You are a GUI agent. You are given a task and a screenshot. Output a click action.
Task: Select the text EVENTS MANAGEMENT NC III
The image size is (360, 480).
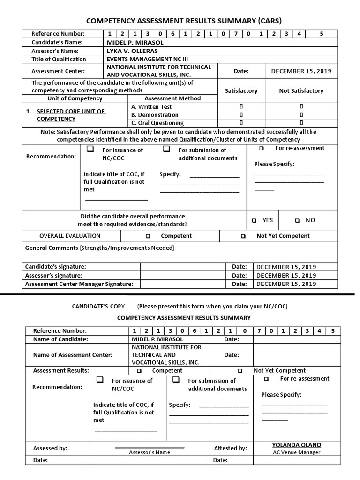144,59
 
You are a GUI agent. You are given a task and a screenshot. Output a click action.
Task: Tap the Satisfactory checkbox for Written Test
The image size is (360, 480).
241,106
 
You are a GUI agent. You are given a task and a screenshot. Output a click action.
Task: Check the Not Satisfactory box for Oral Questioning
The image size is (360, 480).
301,123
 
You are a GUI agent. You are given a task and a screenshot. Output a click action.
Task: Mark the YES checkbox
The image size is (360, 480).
254,220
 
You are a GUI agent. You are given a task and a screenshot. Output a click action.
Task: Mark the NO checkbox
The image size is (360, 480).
297,220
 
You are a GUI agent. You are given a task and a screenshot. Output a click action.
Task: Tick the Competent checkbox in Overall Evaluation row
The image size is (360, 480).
148,236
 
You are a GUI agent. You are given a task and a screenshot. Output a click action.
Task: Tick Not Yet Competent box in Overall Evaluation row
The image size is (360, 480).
243,236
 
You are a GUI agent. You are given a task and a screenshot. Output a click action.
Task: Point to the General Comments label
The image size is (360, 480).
51,247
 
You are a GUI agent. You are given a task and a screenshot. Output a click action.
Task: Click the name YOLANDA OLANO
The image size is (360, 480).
297,445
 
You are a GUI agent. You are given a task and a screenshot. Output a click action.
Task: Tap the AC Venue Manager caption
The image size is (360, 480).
297,452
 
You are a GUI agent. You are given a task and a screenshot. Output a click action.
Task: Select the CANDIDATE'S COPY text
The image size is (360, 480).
98,306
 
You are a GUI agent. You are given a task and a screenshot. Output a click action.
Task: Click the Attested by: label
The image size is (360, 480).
230,448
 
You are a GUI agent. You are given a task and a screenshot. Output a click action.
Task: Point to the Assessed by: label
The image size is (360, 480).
50,448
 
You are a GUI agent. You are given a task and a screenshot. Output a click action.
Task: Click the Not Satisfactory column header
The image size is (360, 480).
301,90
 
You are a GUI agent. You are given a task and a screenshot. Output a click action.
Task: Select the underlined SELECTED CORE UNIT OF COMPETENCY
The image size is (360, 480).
71,115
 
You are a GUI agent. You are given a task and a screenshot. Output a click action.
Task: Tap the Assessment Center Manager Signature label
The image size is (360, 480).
79,284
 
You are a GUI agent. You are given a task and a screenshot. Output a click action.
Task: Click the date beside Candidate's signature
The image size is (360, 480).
286,267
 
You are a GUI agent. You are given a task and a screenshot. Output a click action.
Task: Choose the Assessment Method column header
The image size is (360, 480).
172,98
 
